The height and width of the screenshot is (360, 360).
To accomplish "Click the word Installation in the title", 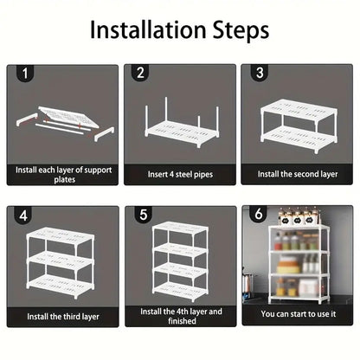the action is tap(147, 29).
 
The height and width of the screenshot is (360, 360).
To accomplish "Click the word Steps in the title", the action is tap(241, 31).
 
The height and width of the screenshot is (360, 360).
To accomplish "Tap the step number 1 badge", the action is tap(25, 74).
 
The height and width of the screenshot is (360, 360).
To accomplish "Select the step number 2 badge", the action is tap(140, 73).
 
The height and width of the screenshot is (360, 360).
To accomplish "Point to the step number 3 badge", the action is tap(260, 73).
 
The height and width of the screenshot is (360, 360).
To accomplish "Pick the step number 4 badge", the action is tap(23, 215).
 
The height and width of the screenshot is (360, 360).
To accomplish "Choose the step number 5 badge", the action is tap(144, 215).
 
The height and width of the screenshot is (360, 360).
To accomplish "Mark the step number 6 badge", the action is tap(259, 215).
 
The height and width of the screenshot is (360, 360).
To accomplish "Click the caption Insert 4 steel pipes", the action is tap(180, 175).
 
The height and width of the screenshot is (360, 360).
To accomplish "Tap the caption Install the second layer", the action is tap(298, 174).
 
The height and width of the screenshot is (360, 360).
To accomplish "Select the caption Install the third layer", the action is tap(63, 317).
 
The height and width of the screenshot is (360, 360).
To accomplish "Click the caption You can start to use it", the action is tap(299, 314).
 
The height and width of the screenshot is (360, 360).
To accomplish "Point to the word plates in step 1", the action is tap(65, 180).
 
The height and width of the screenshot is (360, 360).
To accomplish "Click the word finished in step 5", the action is tap(182, 321).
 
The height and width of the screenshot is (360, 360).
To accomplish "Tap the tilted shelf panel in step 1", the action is tap(68, 117).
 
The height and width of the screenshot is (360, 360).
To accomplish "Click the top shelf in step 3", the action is tap(299, 109).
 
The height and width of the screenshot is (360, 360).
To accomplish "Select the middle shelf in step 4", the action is tap(61, 260).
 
